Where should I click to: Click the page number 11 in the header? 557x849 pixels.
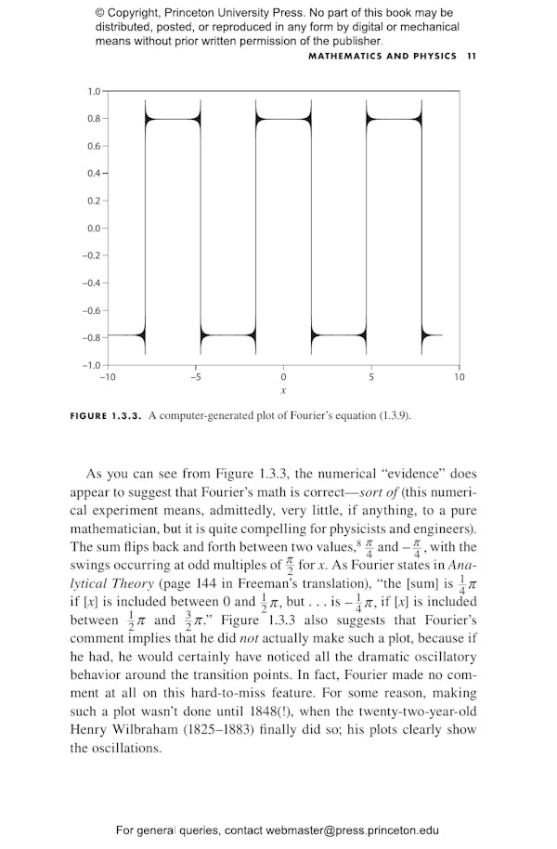472,56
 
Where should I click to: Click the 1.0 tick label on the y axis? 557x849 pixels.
94,91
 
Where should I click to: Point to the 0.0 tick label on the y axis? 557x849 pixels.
94,228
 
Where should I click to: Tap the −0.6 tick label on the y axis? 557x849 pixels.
92,310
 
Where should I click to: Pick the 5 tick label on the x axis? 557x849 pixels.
370,377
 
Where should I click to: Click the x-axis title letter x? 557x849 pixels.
283,391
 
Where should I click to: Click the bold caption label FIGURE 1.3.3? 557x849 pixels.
106,415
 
